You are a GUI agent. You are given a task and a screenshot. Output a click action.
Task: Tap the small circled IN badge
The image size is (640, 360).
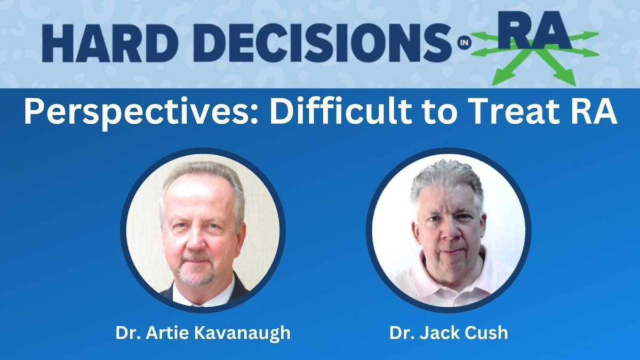[463, 43]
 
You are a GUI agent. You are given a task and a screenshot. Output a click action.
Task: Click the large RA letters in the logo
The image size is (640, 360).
[535, 30]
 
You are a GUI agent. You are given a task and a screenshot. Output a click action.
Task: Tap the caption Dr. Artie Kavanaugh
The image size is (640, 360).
[203, 333]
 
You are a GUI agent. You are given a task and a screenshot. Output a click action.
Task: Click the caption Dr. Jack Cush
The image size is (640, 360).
[449, 333]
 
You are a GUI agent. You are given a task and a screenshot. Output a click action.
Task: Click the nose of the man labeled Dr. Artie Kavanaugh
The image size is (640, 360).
[197, 240]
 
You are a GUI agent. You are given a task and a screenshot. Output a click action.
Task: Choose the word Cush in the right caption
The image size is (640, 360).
[486, 333]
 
